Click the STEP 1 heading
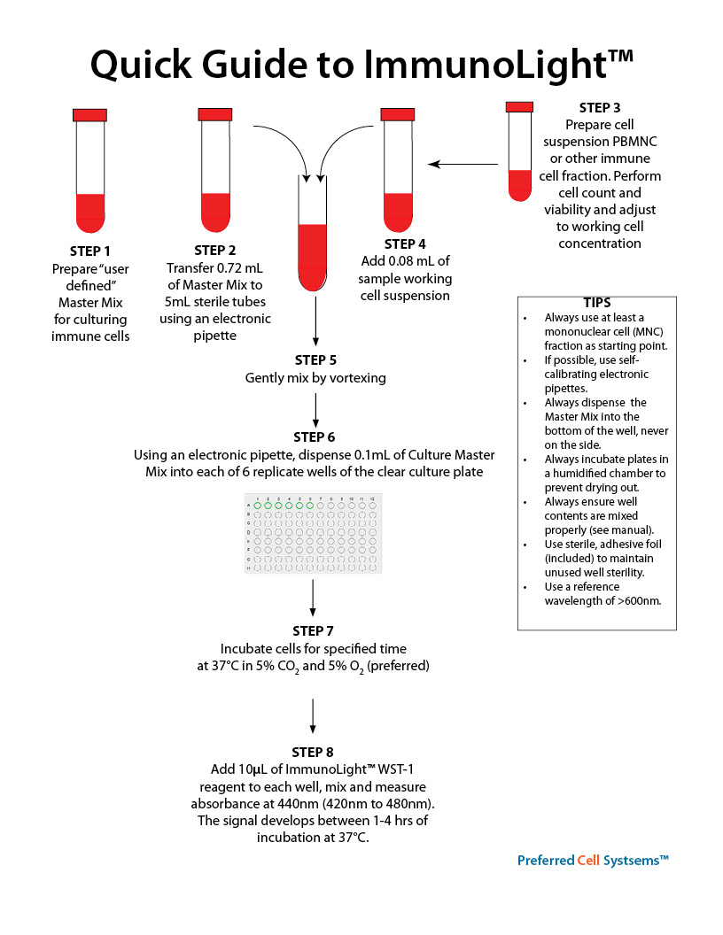89,251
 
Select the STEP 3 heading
600,108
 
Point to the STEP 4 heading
405,243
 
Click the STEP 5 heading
315,360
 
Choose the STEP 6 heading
315,437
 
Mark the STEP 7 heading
313,630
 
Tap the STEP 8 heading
313,752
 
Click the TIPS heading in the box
596,303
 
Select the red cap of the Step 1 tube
89,114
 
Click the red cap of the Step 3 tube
519,107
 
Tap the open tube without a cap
313,232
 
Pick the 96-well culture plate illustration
313,530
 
